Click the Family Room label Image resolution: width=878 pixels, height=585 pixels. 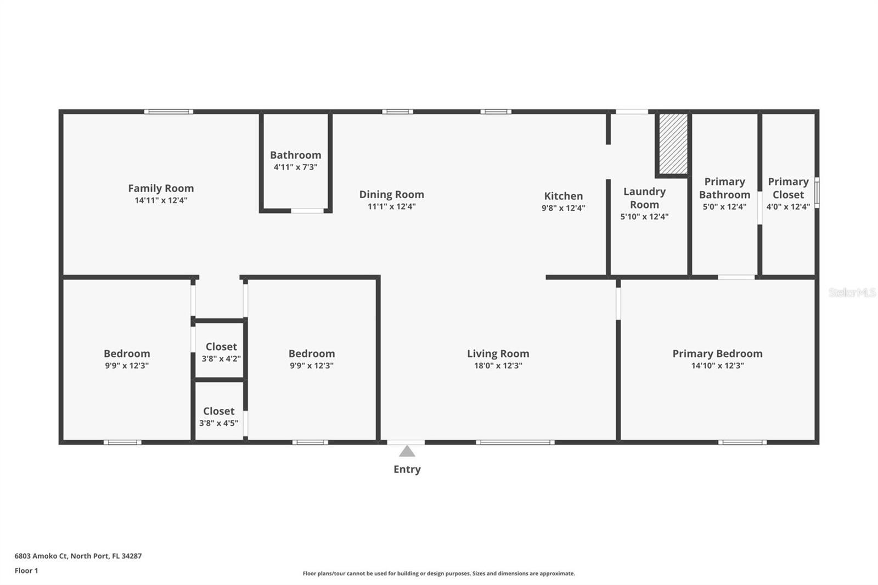click(x=161, y=188)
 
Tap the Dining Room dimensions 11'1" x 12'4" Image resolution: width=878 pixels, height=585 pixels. click(x=392, y=206)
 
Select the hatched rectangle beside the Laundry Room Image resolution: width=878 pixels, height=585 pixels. click(x=673, y=144)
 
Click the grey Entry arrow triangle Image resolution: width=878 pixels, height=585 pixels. click(x=407, y=451)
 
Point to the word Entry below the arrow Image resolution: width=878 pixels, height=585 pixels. click(x=407, y=469)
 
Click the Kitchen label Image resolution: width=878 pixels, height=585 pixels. click(x=563, y=196)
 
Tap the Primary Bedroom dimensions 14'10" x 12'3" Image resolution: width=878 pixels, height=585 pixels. click(x=717, y=365)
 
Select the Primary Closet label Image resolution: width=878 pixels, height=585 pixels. click(x=788, y=188)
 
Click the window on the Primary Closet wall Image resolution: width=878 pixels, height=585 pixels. click(x=817, y=193)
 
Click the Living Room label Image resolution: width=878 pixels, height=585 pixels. click(x=498, y=353)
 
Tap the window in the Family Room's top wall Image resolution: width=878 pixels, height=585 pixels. click(x=168, y=112)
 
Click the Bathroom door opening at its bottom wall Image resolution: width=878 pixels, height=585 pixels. click(x=307, y=211)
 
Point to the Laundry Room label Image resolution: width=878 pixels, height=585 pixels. click(x=644, y=198)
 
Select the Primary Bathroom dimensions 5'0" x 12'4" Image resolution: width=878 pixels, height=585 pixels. click(x=724, y=207)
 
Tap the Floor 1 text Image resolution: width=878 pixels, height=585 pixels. click(x=26, y=571)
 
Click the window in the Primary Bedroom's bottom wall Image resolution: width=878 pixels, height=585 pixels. click(x=742, y=442)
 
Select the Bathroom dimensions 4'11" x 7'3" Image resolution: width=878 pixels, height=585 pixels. click(x=296, y=167)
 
